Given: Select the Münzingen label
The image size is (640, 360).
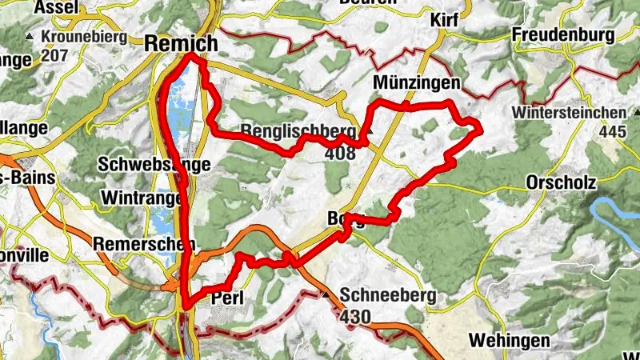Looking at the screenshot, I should click(417, 82).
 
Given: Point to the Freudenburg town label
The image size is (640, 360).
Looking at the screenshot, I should click(564, 35).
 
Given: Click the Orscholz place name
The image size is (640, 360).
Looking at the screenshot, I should click(561, 182).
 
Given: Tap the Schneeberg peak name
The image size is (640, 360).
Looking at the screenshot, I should click(388, 296).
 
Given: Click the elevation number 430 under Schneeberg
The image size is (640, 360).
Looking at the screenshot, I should click(355, 317).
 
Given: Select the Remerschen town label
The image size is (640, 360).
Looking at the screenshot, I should click(133, 243).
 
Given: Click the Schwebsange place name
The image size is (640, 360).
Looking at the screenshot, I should click(154, 165).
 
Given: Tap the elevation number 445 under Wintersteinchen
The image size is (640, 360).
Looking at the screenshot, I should click(612, 130).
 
